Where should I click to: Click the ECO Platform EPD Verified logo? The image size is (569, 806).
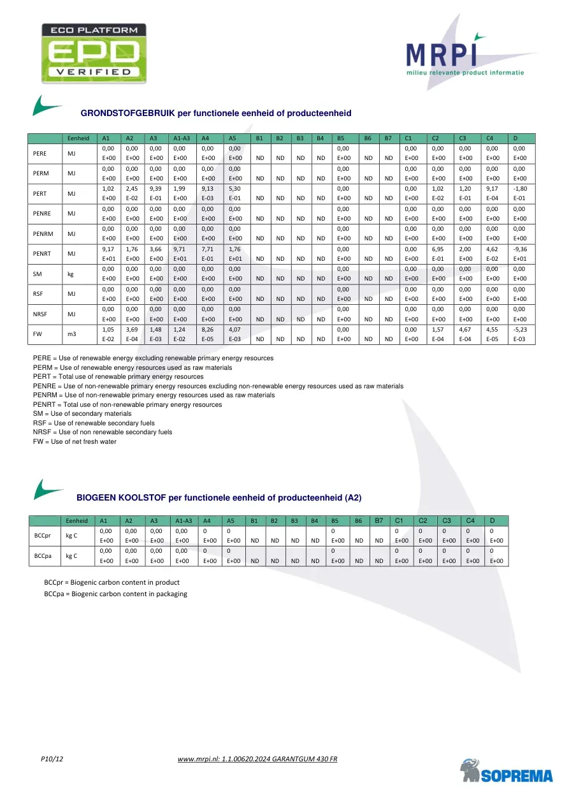click(94, 50)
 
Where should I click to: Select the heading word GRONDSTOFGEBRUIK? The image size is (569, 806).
click(127, 114)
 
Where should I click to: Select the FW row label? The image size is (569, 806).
click(39, 333)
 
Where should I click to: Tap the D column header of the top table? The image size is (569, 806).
click(515, 138)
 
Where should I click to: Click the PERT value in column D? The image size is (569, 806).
click(520, 193)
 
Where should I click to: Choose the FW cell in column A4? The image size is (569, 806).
click(209, 333)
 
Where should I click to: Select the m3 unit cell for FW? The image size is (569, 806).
click(72, 333)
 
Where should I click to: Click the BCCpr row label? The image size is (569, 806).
click(42, 536)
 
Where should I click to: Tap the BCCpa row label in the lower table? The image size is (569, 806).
click(42, 556)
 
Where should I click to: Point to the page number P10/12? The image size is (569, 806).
click(52, 759)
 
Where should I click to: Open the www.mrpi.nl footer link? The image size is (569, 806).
click(257, 759)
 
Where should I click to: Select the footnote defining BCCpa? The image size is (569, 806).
click(115, 594)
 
